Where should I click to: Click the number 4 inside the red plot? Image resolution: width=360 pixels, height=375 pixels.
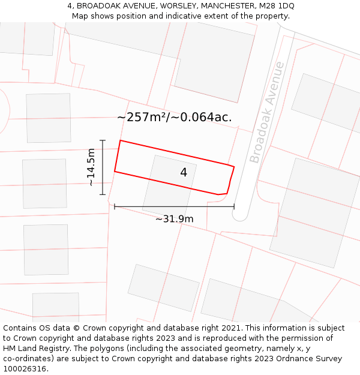click(x=184, y=173)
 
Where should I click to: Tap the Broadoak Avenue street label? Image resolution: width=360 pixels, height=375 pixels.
click(x=268, y=112)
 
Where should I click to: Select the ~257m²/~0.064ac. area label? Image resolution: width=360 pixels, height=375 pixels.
click(x=174, y=117)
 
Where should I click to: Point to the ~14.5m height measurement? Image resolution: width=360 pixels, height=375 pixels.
click(x=91, y=167)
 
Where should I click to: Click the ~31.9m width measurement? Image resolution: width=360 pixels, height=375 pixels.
click(x=174, y=219)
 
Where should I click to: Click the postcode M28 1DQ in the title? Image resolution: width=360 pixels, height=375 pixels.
click(x=277, y=6)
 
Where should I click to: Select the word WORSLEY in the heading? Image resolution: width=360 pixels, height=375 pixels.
click(x=178, y=6)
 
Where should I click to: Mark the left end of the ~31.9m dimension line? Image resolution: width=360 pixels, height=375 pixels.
click(x=115, y=206)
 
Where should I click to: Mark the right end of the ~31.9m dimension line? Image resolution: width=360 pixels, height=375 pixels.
click(x=234, y=206)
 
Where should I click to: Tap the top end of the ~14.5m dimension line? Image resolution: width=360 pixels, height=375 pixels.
click(x=103, y=140)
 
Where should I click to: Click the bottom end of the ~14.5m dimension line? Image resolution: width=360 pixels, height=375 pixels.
click(x=103, y=194)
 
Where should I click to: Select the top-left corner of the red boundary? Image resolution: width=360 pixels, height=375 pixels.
click(x=121, y=140)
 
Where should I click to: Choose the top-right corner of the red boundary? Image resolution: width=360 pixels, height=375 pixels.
click(x=234, y=166)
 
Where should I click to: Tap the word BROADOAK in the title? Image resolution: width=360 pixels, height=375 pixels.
click(x=95, y=6)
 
